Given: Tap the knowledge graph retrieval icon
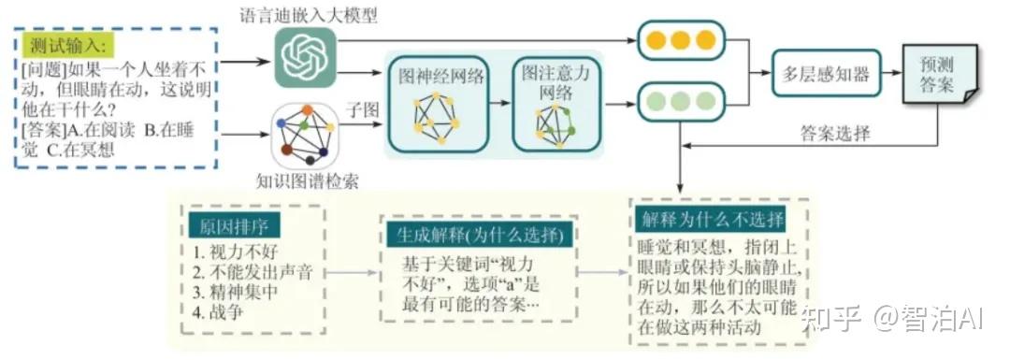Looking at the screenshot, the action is (x=305, y=137).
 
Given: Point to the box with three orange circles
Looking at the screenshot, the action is (x=681, y=40).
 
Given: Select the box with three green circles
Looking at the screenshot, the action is (x=681, y=101).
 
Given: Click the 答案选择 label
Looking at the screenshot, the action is (x=835, y=135).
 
